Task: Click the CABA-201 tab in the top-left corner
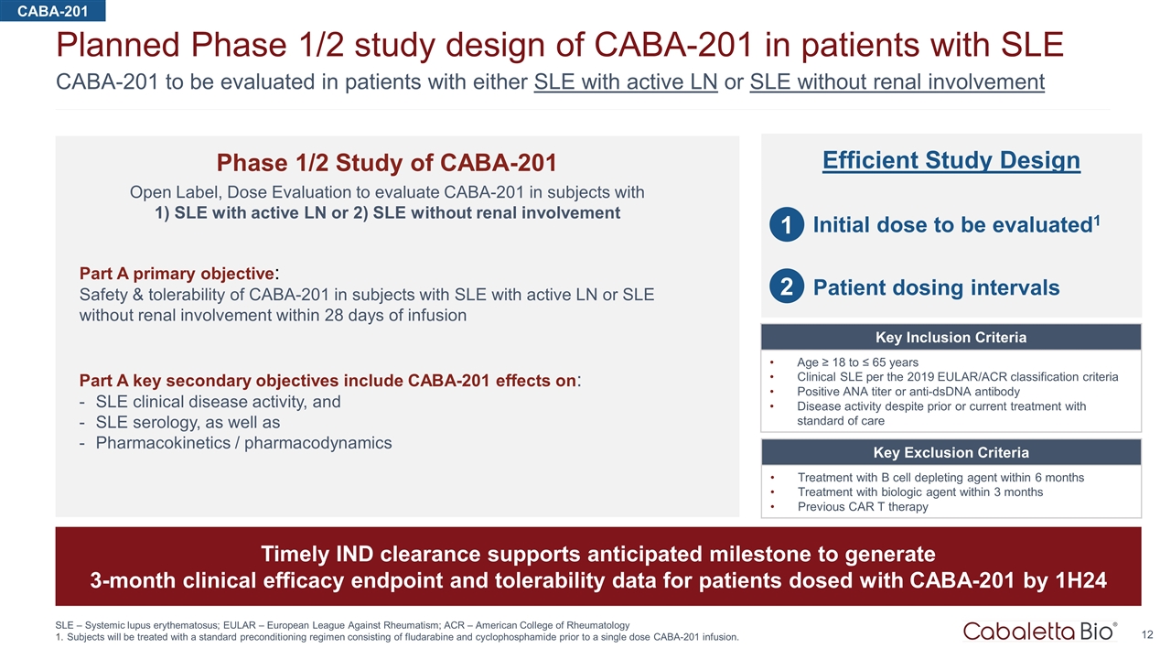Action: tap(52, 10)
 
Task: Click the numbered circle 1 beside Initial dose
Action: tap(786, 225)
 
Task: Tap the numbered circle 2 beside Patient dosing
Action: tap(786, 288)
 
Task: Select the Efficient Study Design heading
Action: tap(951, 161)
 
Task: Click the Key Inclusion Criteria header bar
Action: tap(951, 338)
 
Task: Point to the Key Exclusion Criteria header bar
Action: tap(951, 453)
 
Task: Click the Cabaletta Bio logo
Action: tap(1039, 631)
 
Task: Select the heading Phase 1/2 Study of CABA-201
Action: tap(386, 163)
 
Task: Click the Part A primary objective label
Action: tap(177, 274)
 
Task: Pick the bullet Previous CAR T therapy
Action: tap(863, 507)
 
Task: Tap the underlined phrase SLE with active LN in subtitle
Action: tap(626, 81)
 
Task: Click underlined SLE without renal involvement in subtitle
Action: tap(897, 81)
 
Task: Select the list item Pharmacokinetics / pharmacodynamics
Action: tap(243, 443)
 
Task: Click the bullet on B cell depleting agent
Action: tap(940, 478)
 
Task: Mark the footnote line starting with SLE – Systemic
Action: tap(342, 624)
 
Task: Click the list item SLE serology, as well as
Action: tap(188, 423)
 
